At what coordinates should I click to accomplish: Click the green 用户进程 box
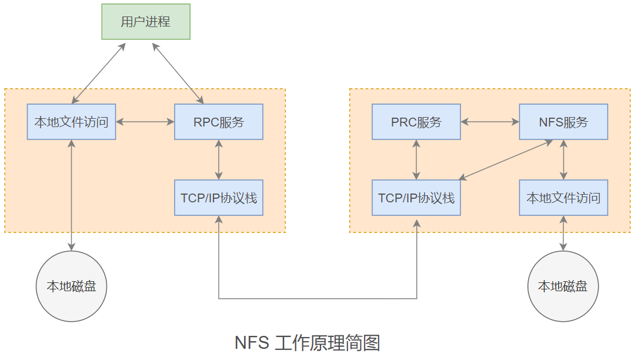tap(146, 22)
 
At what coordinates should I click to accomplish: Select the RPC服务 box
tap(219, 122)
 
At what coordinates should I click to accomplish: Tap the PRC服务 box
tap(416, 122)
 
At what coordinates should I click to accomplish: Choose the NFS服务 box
tap(563, 122)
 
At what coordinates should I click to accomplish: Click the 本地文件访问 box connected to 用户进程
tap(71, 122)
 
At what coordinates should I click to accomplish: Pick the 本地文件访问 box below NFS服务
tap(563, 198)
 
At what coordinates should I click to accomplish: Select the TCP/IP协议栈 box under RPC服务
tap(219, 198)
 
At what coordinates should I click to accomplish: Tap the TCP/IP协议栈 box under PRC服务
tap(416, 198)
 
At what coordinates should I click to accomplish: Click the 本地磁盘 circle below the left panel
tap(71, 286)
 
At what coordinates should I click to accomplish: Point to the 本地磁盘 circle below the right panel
tap(563, 286)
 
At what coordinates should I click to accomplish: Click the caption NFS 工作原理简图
tap(308, 342)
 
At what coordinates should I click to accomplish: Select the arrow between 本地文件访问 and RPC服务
tap(145, 122)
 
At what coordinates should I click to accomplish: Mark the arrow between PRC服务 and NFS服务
tap(490, 122)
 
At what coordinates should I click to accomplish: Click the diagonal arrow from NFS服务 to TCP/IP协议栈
tap(506, 160)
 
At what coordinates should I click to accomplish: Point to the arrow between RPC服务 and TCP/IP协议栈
tap(219, 159)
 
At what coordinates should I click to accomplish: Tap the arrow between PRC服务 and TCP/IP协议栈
tap(416, 159)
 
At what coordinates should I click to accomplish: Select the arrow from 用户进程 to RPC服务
tap(179, 72)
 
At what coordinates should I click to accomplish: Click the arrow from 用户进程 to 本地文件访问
tap(98, 73)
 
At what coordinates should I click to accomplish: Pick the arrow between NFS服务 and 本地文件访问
tap(563, 159)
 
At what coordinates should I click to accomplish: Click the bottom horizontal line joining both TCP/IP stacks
tap(318, 299)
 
